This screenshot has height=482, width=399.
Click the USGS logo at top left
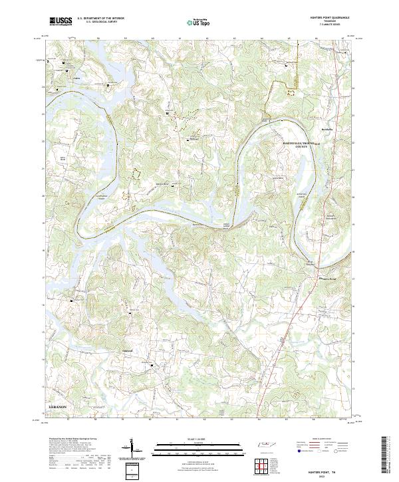click(x=61, y=21)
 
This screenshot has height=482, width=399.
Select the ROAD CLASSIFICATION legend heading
click(x=326, y=439)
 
